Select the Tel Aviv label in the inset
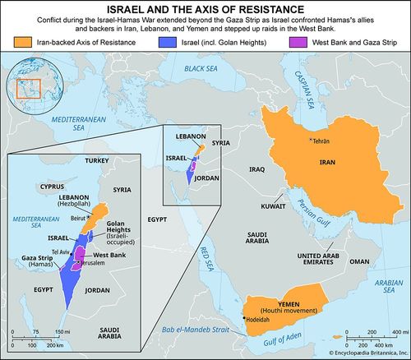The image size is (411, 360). [60, 252]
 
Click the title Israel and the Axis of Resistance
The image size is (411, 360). [205, 8]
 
